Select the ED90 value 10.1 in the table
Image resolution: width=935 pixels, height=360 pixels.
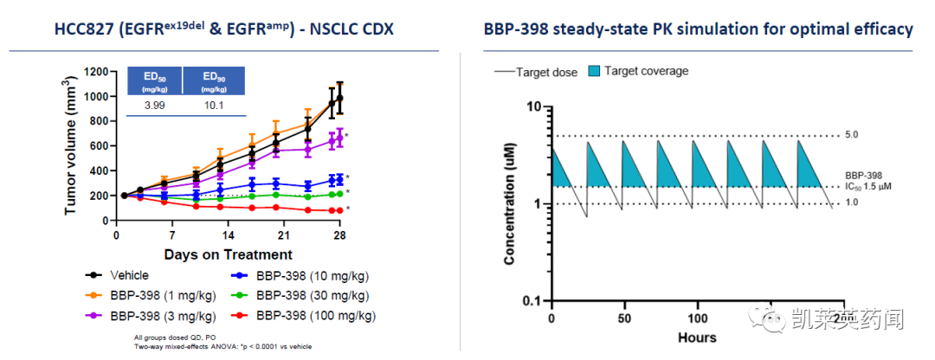215,105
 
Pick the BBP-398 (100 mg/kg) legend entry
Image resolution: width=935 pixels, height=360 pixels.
316,316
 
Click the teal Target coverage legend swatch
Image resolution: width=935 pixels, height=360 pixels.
593,71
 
